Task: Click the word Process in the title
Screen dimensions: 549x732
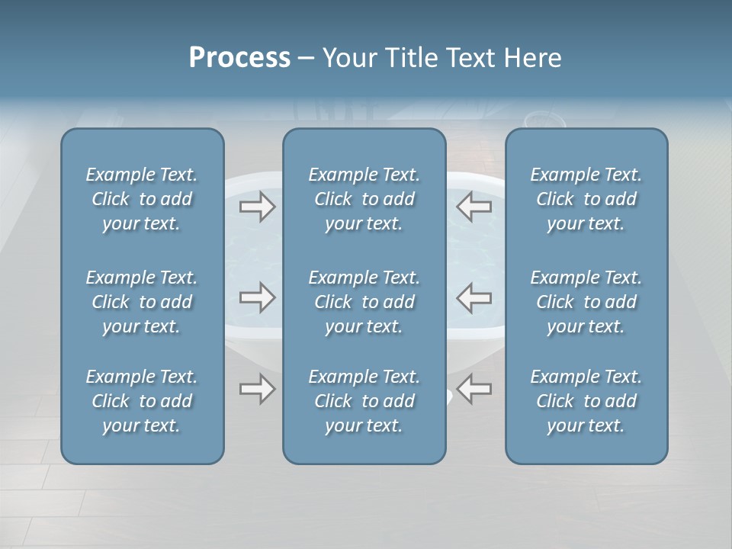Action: pos(239,58)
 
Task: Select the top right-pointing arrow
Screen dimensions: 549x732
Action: pos(258,207)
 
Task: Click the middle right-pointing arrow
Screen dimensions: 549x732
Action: pos(258,297)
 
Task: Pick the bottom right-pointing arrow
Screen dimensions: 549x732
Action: pos(258,389)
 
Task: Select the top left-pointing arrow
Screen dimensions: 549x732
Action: pos(474,207)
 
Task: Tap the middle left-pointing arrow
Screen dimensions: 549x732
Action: pos(474,297)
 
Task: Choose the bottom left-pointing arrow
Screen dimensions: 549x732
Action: pos(474,389)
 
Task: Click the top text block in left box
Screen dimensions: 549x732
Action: pos(142,199)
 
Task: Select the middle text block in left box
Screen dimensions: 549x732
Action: pos(142,302)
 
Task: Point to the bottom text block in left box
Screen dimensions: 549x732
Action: pos(142,401)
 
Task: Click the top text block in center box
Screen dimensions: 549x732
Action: pos(364,199)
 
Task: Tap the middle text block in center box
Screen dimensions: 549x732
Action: pos(364,302)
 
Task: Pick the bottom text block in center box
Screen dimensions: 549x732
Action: pos(364,401)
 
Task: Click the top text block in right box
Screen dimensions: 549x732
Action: pos(586,199)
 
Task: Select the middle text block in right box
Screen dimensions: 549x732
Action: pos(586,302)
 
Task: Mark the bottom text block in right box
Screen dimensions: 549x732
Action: pos(586,401)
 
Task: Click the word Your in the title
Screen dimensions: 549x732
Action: pos(349,58)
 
